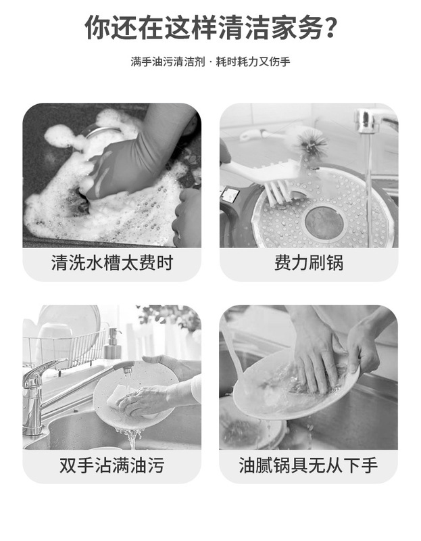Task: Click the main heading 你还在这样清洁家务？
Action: pyautogui.click(x=210, y=28)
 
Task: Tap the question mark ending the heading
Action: pyautogui.click(x=330, y=28)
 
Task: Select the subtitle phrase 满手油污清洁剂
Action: pyautogui.click(x=168, y=62)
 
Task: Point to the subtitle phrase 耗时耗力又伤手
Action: pyautogui.click(x=253, y=62)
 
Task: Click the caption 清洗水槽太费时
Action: pyautogui.click(x=112, y=263)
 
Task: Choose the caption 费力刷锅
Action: pyautogui.click(x=309, y=263)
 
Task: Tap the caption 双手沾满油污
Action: pyautogui.click(x=112, y=465)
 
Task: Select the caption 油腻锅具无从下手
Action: pyautogui.click(x=308, y=465)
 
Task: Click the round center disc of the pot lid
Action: pyautogui.click(x=324, y=222)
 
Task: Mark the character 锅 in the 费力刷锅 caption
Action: pyautogui.click(x=335, y=263)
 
